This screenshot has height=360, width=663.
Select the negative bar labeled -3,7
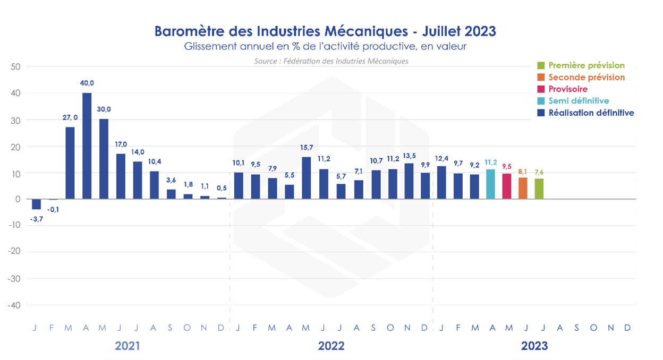pos(36,204)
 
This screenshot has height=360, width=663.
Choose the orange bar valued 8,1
pos(523,188)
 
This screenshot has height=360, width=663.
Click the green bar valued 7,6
pos(539,189)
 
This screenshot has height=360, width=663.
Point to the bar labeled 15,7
pos(307,178)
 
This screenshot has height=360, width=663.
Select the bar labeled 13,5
pos(409,181)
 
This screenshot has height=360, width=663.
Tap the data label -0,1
pos(53,209)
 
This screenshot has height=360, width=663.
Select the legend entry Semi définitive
pos(579,101)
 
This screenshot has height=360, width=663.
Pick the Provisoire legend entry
pos(568,89)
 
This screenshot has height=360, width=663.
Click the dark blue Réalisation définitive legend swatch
pos(540,113)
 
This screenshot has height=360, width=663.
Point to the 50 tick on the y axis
pos(15,67)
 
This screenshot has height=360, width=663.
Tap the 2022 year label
pos(331,346)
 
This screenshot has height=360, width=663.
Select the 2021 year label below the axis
pos(127,346)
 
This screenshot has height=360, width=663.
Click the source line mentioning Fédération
pos(331,61)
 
